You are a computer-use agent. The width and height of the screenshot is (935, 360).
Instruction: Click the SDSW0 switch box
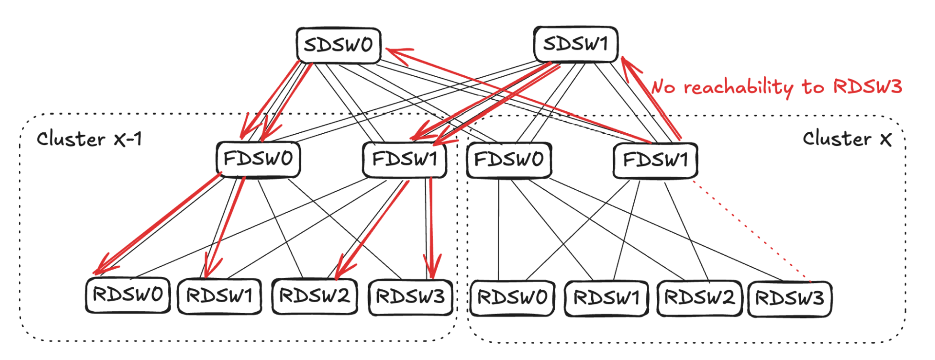338,45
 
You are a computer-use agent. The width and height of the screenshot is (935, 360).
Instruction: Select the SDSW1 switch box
576,44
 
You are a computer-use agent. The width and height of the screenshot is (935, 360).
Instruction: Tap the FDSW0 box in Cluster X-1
258,159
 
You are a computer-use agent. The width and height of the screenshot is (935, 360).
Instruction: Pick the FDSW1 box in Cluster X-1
405,160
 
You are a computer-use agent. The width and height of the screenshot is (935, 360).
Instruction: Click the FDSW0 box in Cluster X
509,160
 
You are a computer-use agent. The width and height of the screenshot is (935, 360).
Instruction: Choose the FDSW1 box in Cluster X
655,160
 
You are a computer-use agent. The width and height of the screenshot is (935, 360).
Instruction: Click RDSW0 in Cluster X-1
128,295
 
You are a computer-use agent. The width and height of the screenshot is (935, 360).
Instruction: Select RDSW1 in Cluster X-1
219,296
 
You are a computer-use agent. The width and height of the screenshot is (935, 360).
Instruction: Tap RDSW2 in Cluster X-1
314,296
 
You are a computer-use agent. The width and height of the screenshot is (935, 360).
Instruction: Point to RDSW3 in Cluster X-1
411,297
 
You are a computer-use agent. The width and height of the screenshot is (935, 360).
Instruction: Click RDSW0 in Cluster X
512,298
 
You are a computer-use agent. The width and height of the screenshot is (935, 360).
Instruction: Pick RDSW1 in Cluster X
607,298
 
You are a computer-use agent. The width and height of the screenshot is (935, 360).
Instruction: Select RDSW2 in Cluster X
699,298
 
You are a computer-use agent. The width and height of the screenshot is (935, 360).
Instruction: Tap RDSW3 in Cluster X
790,298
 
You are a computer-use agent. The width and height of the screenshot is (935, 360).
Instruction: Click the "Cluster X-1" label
89,139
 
